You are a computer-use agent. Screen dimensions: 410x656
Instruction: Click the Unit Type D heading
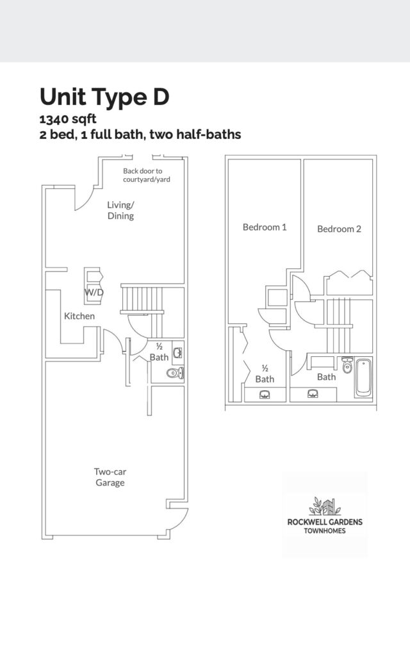coord(104,97)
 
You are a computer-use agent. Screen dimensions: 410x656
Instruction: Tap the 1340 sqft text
coord(68,119)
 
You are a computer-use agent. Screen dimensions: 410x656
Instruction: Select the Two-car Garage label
coord(110,477)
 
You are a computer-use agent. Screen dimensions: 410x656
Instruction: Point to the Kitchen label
coord(79,316)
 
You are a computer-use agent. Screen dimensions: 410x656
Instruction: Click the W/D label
coord(94,292)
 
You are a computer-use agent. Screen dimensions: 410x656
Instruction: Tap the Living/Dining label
coord(120,210)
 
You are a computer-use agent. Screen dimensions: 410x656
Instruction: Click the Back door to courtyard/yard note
coord(147,176)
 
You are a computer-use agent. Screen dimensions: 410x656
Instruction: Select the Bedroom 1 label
coord(265,227)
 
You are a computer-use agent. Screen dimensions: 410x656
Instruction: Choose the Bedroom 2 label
coord(339,229)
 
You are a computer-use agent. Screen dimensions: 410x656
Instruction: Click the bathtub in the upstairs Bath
coord(363,377)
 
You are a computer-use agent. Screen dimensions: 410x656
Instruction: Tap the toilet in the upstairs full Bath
coord(347,365)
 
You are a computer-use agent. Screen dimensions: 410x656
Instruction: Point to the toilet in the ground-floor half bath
coord(175,373)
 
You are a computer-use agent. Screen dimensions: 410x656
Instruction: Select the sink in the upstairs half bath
coord(265,395)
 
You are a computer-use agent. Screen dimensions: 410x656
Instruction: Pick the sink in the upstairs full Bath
coord(313,394)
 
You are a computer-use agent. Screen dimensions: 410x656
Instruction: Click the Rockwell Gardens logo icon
coord(325,506)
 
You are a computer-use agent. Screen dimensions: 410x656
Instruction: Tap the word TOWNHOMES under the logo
coord(325,531)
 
